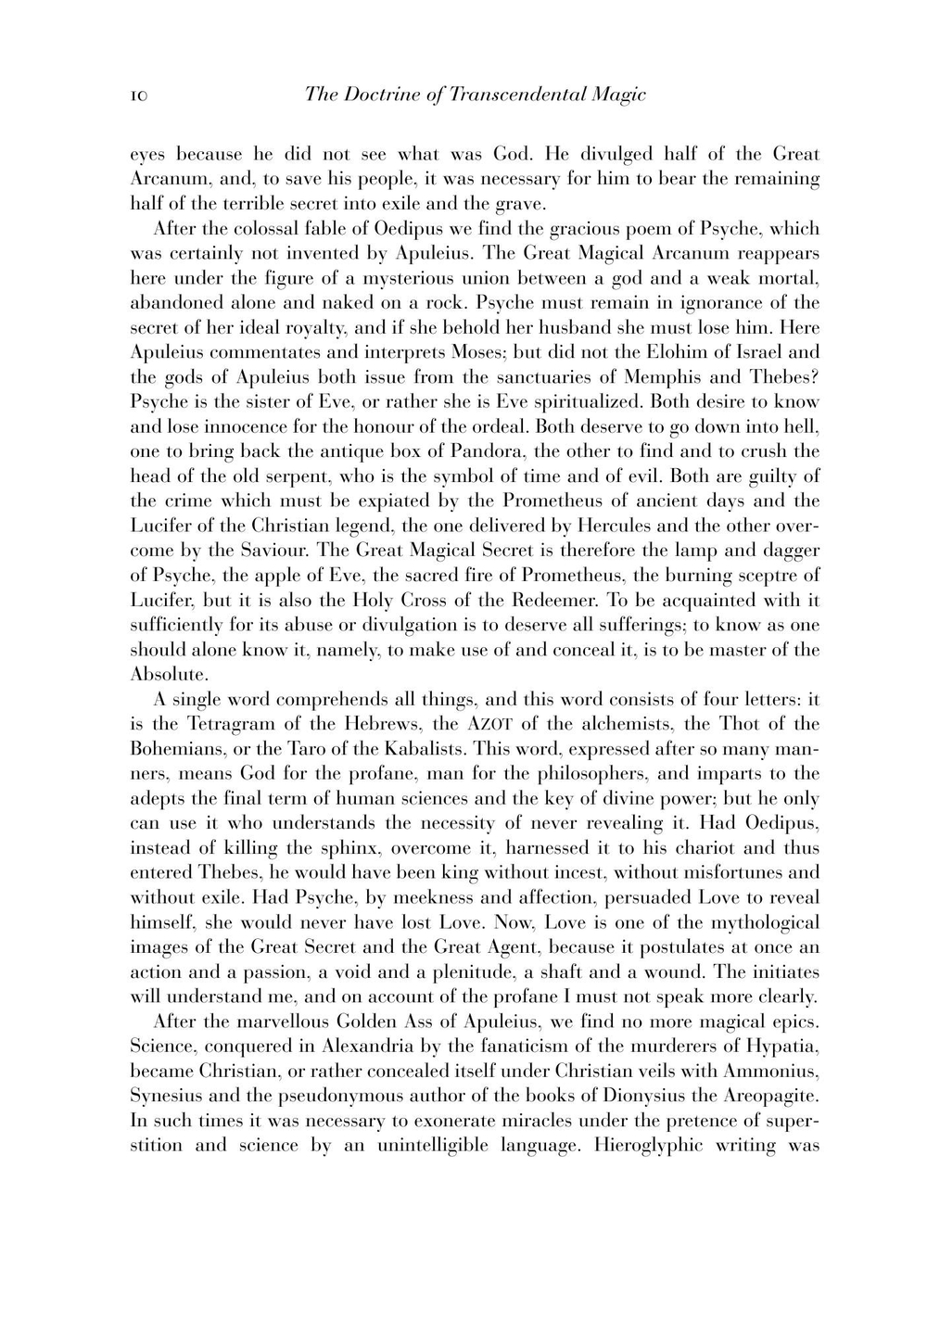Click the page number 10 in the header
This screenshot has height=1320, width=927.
coord(139,95)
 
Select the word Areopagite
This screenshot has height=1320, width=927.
coord(766,1096)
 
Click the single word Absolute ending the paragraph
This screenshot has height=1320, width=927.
coord(167,674)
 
